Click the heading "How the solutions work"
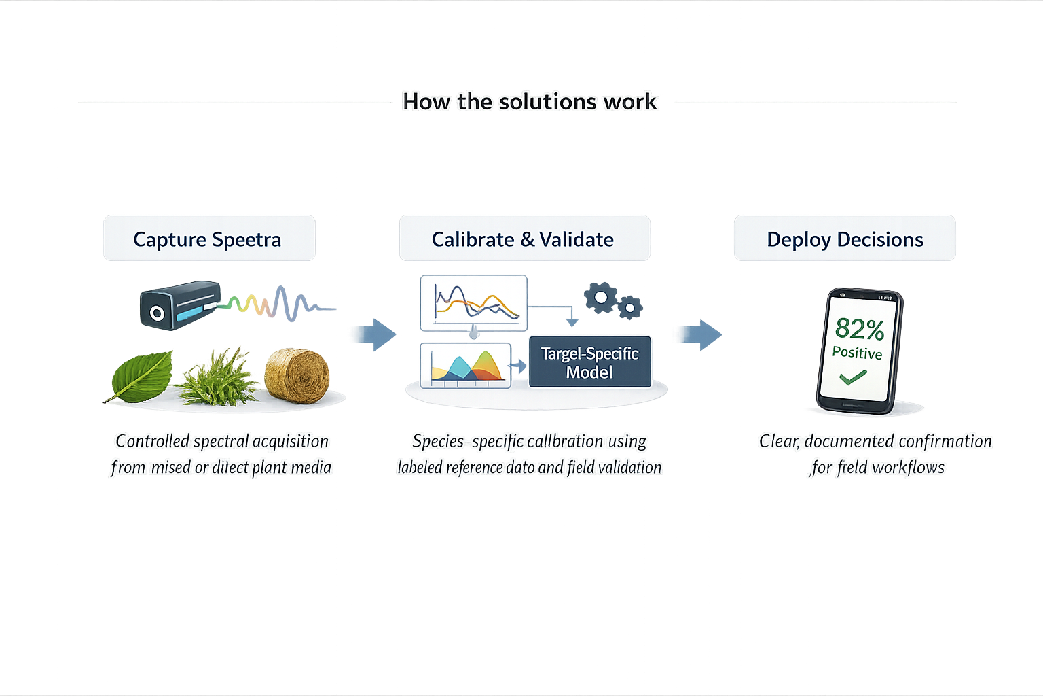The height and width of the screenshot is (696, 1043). (530, 102)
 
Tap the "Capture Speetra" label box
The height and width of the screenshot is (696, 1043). (208, 239)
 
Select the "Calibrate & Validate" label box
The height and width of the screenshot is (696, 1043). (524, 239)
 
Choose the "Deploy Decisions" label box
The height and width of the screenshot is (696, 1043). (845, 239)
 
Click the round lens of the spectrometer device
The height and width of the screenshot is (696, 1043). (157, 313)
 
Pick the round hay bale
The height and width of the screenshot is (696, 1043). (297, 375)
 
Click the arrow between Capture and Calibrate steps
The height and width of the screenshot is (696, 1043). (377, 334)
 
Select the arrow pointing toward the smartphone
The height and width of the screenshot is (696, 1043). (701, 334)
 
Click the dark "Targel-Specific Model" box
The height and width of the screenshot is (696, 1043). (589, 362)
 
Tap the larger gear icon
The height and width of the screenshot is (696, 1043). (600, 298)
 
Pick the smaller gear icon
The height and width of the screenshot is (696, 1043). (630, 308)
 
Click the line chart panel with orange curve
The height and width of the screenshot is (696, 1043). (474, 302)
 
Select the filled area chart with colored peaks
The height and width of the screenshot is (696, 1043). (466, 365)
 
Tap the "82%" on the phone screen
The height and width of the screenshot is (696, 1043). (859, 329)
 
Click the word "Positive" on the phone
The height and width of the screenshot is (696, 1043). (857, 353)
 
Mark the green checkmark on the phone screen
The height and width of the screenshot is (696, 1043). (853, 377)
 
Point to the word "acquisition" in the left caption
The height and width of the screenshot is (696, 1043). (290, 441)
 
